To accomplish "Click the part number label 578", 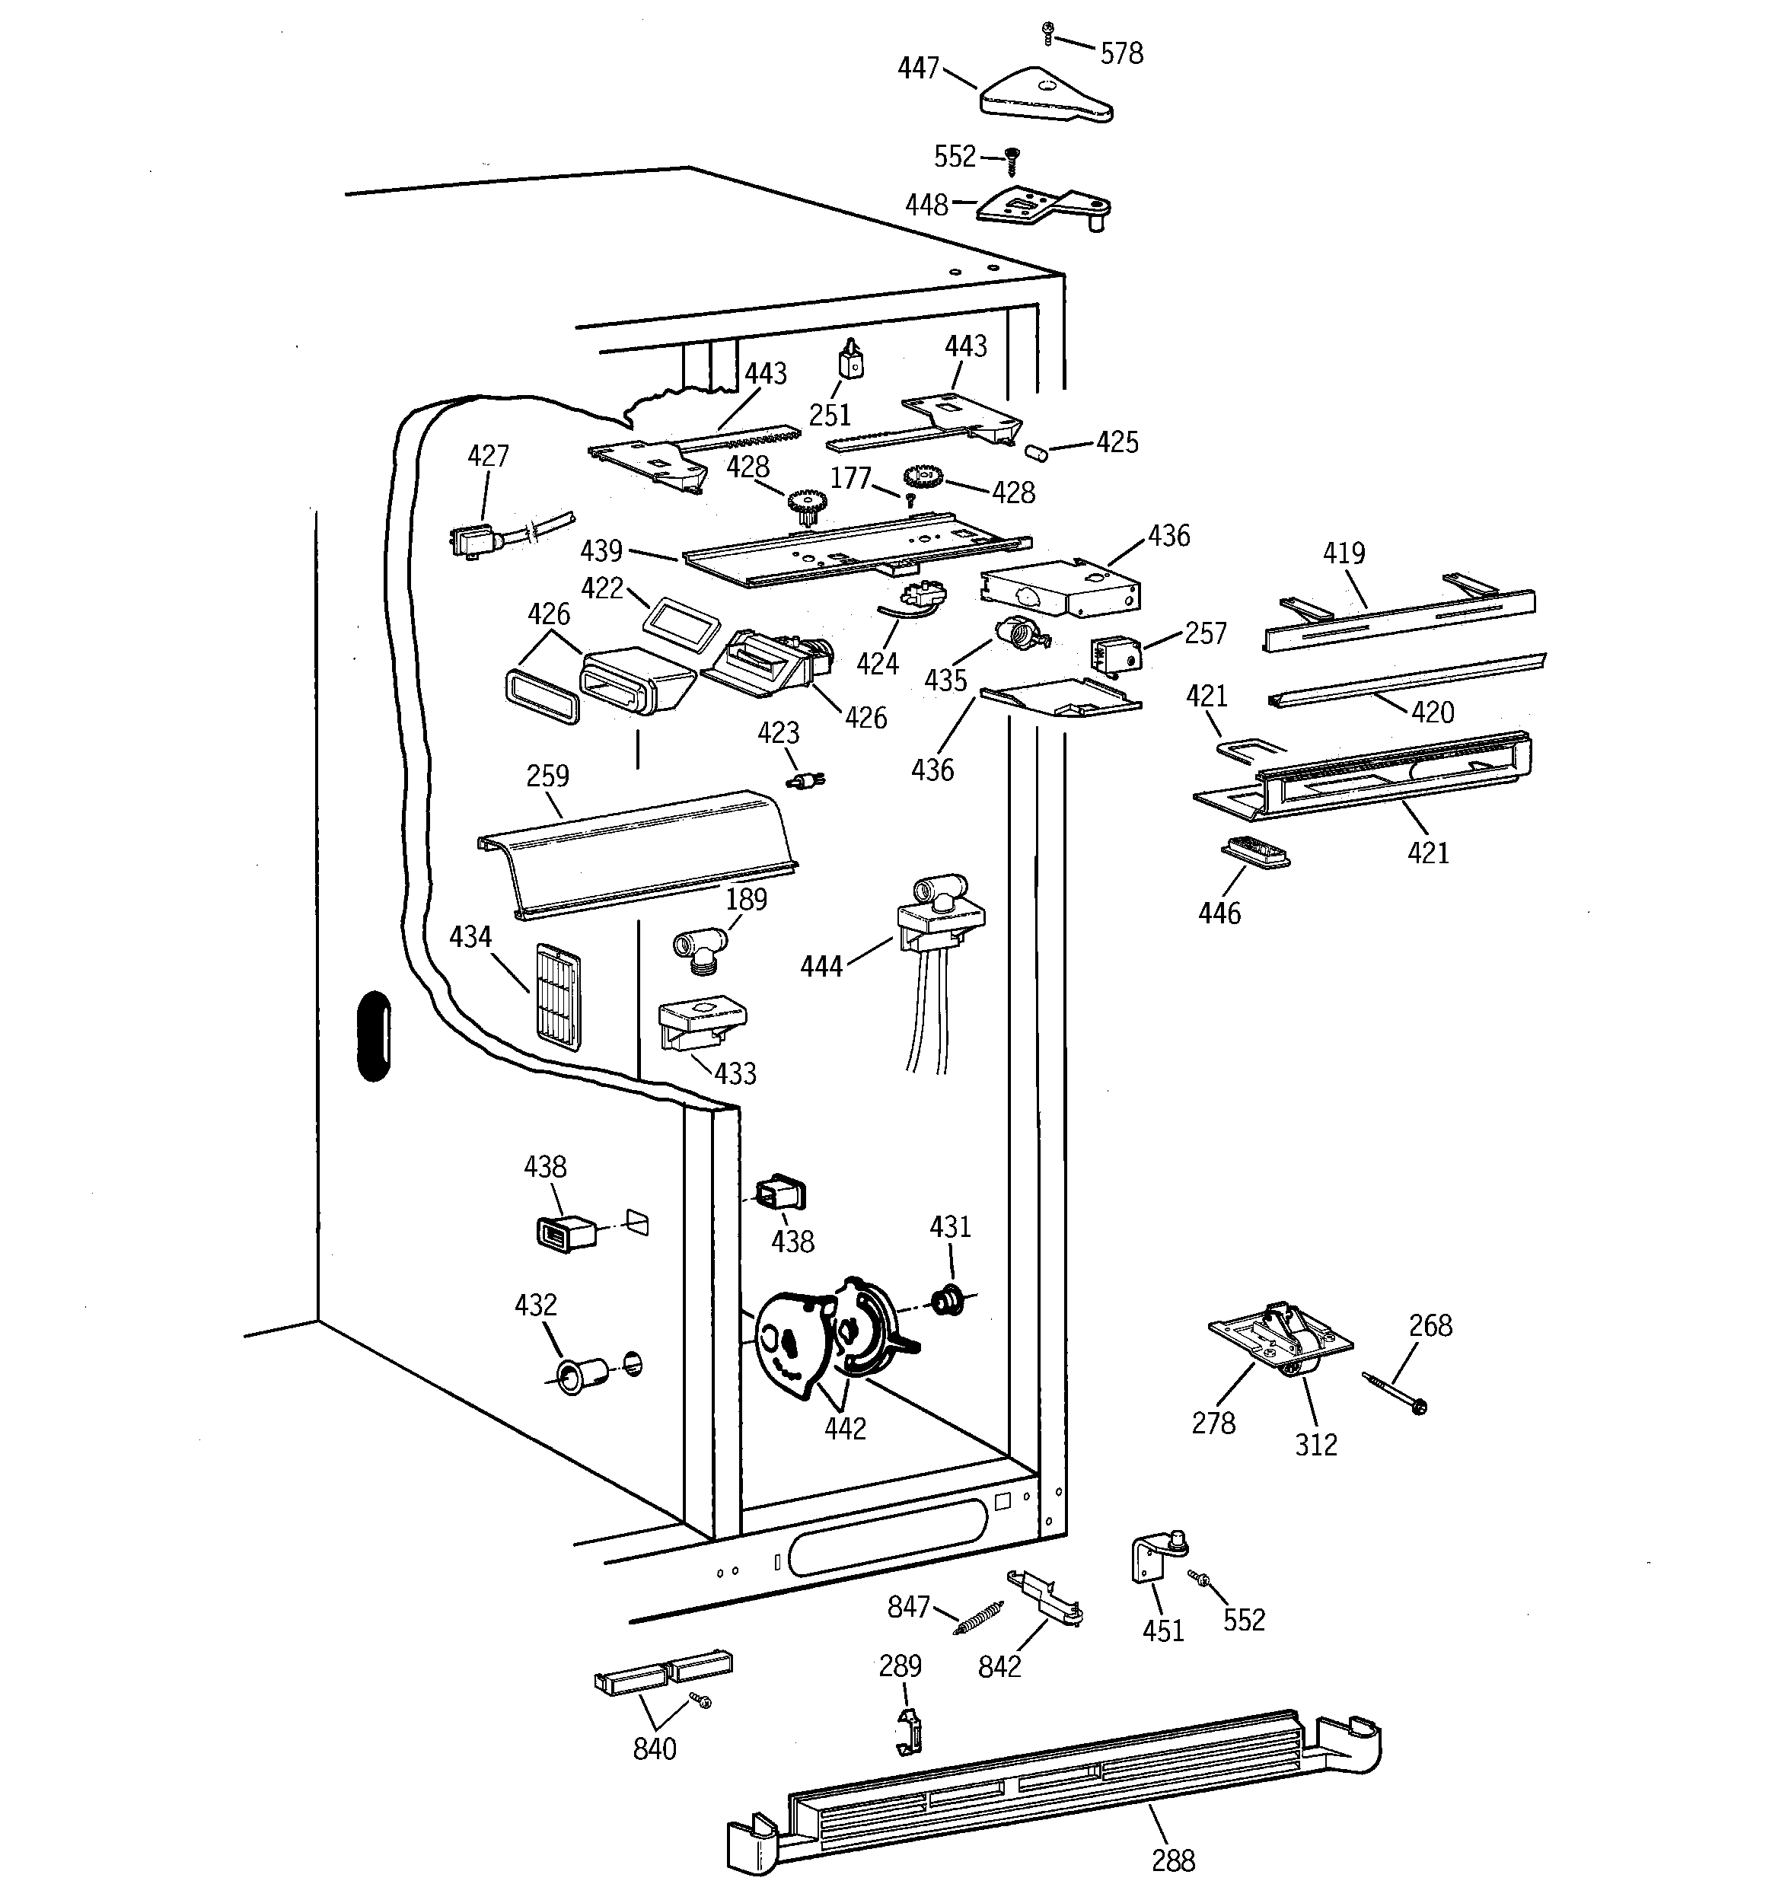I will pos(1121,54).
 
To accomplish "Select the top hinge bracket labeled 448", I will pos(1043,206).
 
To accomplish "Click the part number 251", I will pos(830,415).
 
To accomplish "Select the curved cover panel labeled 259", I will pos(635,853).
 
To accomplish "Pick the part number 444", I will pos(821,967).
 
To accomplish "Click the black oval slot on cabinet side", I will pos(375,1037).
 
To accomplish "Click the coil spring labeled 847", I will pos(977,1618).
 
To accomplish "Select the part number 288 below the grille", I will pos(1172,1860).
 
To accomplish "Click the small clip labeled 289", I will pos(910,1730).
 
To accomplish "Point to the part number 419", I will pos(1344,553).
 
